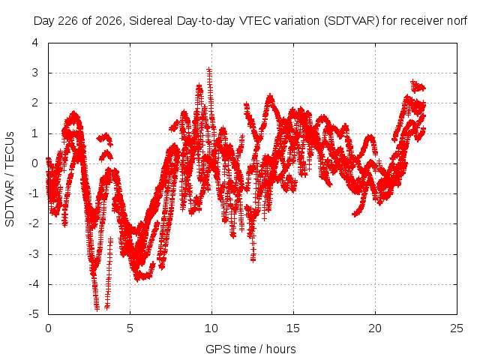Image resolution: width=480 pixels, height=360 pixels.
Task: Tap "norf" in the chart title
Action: pos(457,21)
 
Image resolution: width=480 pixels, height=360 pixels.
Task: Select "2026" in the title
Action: pos(109,21)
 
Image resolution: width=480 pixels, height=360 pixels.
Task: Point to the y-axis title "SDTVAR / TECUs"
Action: pos(10,179)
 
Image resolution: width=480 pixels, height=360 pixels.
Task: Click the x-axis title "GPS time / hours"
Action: pos(250,349)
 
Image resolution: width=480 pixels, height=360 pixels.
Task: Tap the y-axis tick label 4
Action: pos(35,43)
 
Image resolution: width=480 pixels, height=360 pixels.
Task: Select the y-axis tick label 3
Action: pos(35,73)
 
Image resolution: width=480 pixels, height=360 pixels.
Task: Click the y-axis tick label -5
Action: pos(34,314)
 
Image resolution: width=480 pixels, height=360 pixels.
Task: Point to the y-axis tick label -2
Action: pos(34,223)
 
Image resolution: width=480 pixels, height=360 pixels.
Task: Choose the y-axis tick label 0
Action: pos(35,163)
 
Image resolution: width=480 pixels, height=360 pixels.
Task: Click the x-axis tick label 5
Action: pos(130,328)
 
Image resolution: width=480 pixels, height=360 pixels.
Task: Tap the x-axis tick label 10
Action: pos(211,328)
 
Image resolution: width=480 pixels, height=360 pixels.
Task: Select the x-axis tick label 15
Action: pos(293,328)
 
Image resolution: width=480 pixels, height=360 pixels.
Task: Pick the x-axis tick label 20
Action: pos(375,328)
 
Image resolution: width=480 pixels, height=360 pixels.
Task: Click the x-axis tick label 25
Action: pos(457,328)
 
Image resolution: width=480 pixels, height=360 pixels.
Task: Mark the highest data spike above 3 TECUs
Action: pos(209,70)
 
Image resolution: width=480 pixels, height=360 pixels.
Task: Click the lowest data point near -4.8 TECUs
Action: pos(97,308)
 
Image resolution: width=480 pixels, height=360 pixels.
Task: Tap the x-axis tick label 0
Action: pos(48,328)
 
